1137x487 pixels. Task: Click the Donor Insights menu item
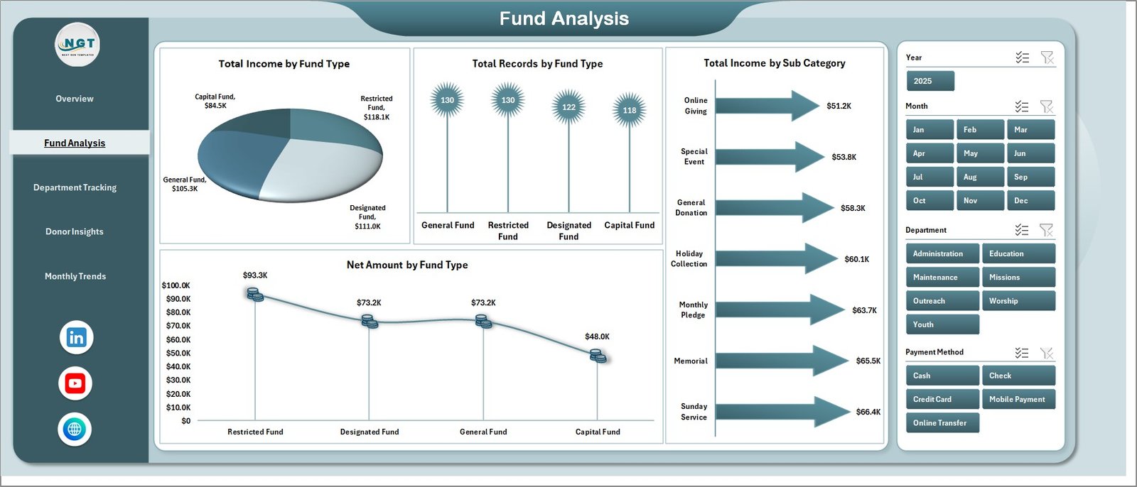[74, 231]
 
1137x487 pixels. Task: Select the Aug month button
[980, 177]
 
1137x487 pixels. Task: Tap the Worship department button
[1018, 301]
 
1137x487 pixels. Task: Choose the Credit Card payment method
[942, 399]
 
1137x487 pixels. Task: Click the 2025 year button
[930, 81]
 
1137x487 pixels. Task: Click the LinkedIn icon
[76, 337]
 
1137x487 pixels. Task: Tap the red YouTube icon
[75, 383]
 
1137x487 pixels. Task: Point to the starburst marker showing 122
[568, 107]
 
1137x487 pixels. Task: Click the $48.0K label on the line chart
[597, 336]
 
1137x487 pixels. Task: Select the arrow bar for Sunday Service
[782, 412]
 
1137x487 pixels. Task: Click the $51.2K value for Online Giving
[839, 106]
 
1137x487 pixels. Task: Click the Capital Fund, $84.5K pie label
[215, 101]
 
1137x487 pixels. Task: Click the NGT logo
[77, 45]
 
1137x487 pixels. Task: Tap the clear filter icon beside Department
[1046, 230]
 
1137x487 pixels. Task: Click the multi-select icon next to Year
[1023, 58]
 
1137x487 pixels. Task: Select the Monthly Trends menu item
[75, 276]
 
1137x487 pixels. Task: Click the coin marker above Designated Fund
[369, 321]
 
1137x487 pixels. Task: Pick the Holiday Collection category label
[689, 258]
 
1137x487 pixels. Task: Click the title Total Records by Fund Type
[537, 64]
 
